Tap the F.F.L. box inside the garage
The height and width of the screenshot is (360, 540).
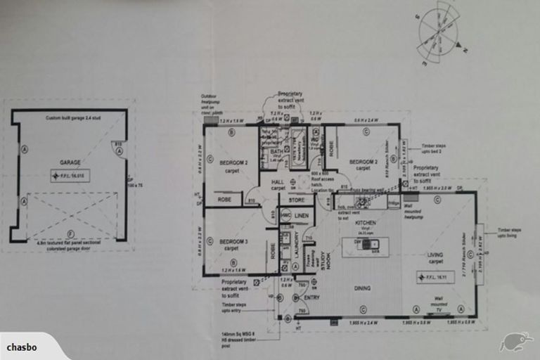[x=70, y=176]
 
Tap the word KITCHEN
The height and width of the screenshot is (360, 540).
[x=366, y=223]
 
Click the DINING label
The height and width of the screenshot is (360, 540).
[x=363, y=286]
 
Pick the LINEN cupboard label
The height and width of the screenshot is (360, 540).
[x=302, y=215]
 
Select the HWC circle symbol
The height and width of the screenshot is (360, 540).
[x=286, y=216]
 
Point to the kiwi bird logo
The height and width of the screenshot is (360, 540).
[x=515, y=341]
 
